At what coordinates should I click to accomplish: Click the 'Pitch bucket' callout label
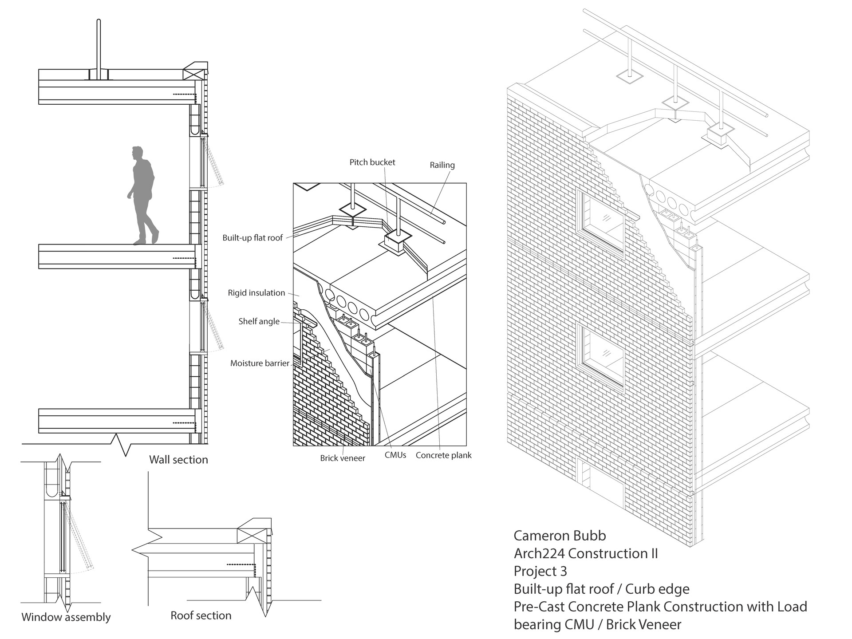tap(372, 162)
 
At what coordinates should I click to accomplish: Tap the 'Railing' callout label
tap(442, 165)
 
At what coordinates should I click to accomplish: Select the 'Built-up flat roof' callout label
tap(252, 238)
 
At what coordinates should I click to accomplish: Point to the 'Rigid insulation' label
tap(256, 293)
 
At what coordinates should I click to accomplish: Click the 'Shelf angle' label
tap(259, 321)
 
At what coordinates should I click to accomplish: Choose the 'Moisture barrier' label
tap(260, 363)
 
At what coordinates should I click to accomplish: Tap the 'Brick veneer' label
tap(343, 458)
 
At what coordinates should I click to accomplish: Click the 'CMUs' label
tap(395, 455)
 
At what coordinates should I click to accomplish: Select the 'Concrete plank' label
tap(443, 455)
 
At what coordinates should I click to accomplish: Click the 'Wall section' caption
tap(178, 460)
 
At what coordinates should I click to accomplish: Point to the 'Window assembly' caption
tap(66, 617)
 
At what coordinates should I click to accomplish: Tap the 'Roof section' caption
tap(201, 615)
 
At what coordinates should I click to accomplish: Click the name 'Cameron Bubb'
tap(560, 536)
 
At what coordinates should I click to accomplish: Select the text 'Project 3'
tap(540, 571)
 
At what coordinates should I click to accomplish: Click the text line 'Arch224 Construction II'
tap(586, 553)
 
